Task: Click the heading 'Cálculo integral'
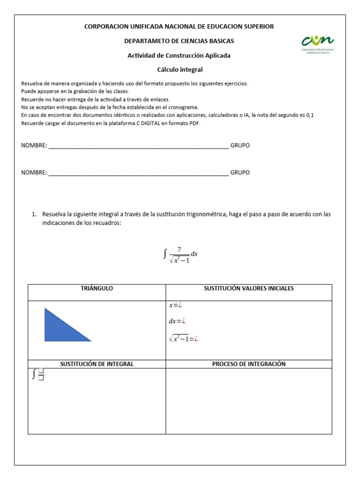(x=180, y=69)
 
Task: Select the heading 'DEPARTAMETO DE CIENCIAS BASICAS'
(x=179, y=41)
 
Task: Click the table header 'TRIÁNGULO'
(x=97, y=288)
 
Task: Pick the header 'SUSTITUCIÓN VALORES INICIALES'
(x=248, y=288)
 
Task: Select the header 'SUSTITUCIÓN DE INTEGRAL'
(x=97, y=364)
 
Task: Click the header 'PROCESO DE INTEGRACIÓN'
(x=248, y=364)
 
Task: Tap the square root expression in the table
(x=183, y=339)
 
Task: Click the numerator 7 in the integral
(x=179, y=250)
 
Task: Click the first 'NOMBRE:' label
(x=34, y=145)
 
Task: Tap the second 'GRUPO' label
(x=240, y=172)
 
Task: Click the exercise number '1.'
(x=34, y=214)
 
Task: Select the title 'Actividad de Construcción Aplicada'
(x=179, y=55)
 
